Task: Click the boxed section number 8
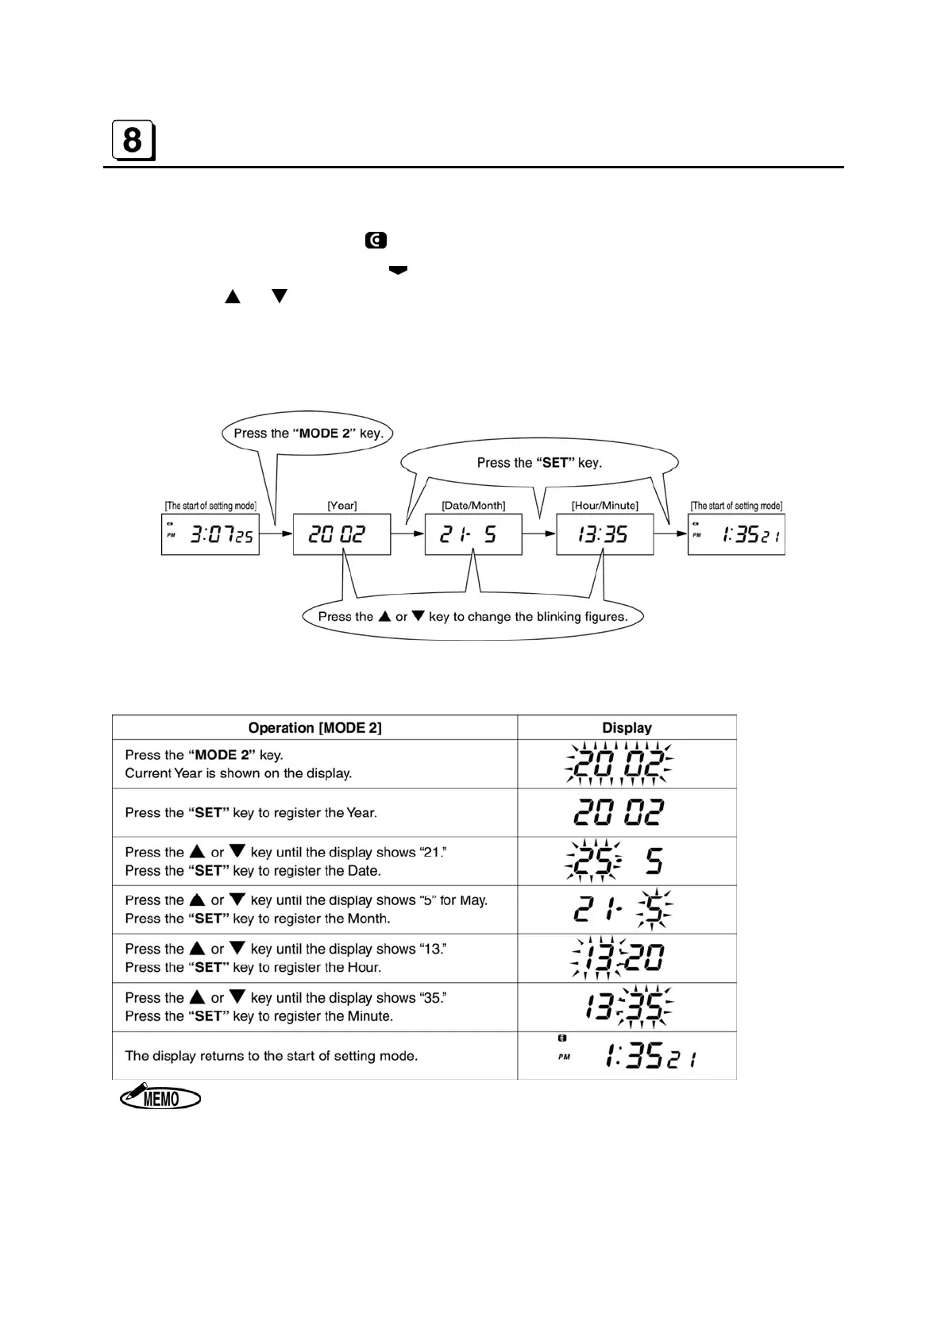133,141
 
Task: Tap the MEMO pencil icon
160,1099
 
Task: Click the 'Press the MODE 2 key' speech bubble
308,433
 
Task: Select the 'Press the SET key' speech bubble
539,463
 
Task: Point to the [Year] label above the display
341,505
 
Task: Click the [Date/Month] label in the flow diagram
473,505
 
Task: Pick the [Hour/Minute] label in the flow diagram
604,505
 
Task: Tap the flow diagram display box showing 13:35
604,534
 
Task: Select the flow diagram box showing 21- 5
473,534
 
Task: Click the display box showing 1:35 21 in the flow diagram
736,534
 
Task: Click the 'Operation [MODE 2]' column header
314,727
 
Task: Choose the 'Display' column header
627,727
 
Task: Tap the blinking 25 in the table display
592,861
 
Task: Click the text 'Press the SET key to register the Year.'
251,812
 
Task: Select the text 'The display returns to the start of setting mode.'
271,1056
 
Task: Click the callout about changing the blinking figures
472,616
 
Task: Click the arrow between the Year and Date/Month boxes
407,534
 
